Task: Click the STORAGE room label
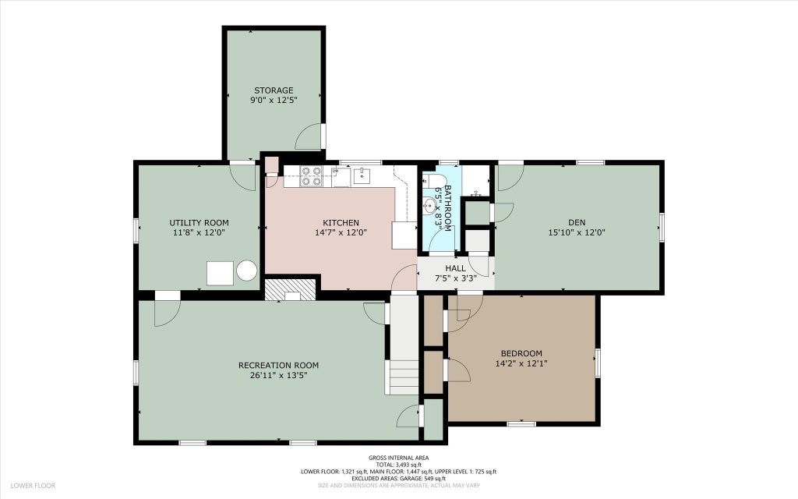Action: (x=274, y=90)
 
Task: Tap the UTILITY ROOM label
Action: (x=199, y=223)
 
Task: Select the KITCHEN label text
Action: (x=341, y=223)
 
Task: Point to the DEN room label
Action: (x=577, y=222)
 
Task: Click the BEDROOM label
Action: (x=521, y=353)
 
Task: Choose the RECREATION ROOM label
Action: (x=278, y=366)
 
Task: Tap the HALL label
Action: (x=455, y=268)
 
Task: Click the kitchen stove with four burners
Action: (x=311, y=176)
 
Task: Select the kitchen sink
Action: (x=362, y=176)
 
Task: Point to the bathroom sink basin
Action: (x=430, y=206)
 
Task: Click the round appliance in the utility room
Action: (x=247, y=271)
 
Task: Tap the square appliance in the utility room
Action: (x=220, y=274)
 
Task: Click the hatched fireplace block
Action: (x=291, y=289)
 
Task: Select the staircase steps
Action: (x=404, y=377)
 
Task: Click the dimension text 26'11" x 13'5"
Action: (x=278, y=376)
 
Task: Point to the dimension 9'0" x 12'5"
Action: (x=274, y=101)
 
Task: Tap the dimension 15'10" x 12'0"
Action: (x=577, y=232)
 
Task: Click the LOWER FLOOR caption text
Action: (x=33, y=486)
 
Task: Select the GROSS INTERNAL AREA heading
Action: (x=399, y=458)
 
